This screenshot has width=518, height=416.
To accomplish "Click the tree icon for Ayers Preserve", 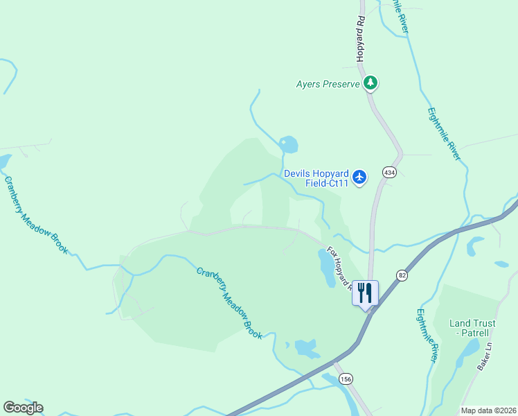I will click(370, 84).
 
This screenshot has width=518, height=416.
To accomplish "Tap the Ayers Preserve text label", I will click(328, 85).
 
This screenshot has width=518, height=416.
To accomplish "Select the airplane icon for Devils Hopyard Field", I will click(359, 177).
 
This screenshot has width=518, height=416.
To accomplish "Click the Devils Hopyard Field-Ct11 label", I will click(316, 179).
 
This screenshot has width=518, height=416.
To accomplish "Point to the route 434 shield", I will click(389, 172).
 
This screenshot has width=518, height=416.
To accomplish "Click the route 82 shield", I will click(402, 275).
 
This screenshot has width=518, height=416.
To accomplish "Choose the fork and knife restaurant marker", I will click(365, 293).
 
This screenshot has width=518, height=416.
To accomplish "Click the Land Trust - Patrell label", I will click(474, 328).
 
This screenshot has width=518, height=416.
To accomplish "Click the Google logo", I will click(23, 407).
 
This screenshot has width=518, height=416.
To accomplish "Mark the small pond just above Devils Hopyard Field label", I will click(289, 145).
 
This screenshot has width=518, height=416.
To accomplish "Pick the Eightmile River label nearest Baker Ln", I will click(426, 335).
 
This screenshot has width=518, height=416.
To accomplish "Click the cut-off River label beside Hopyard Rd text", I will click(401, 15).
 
